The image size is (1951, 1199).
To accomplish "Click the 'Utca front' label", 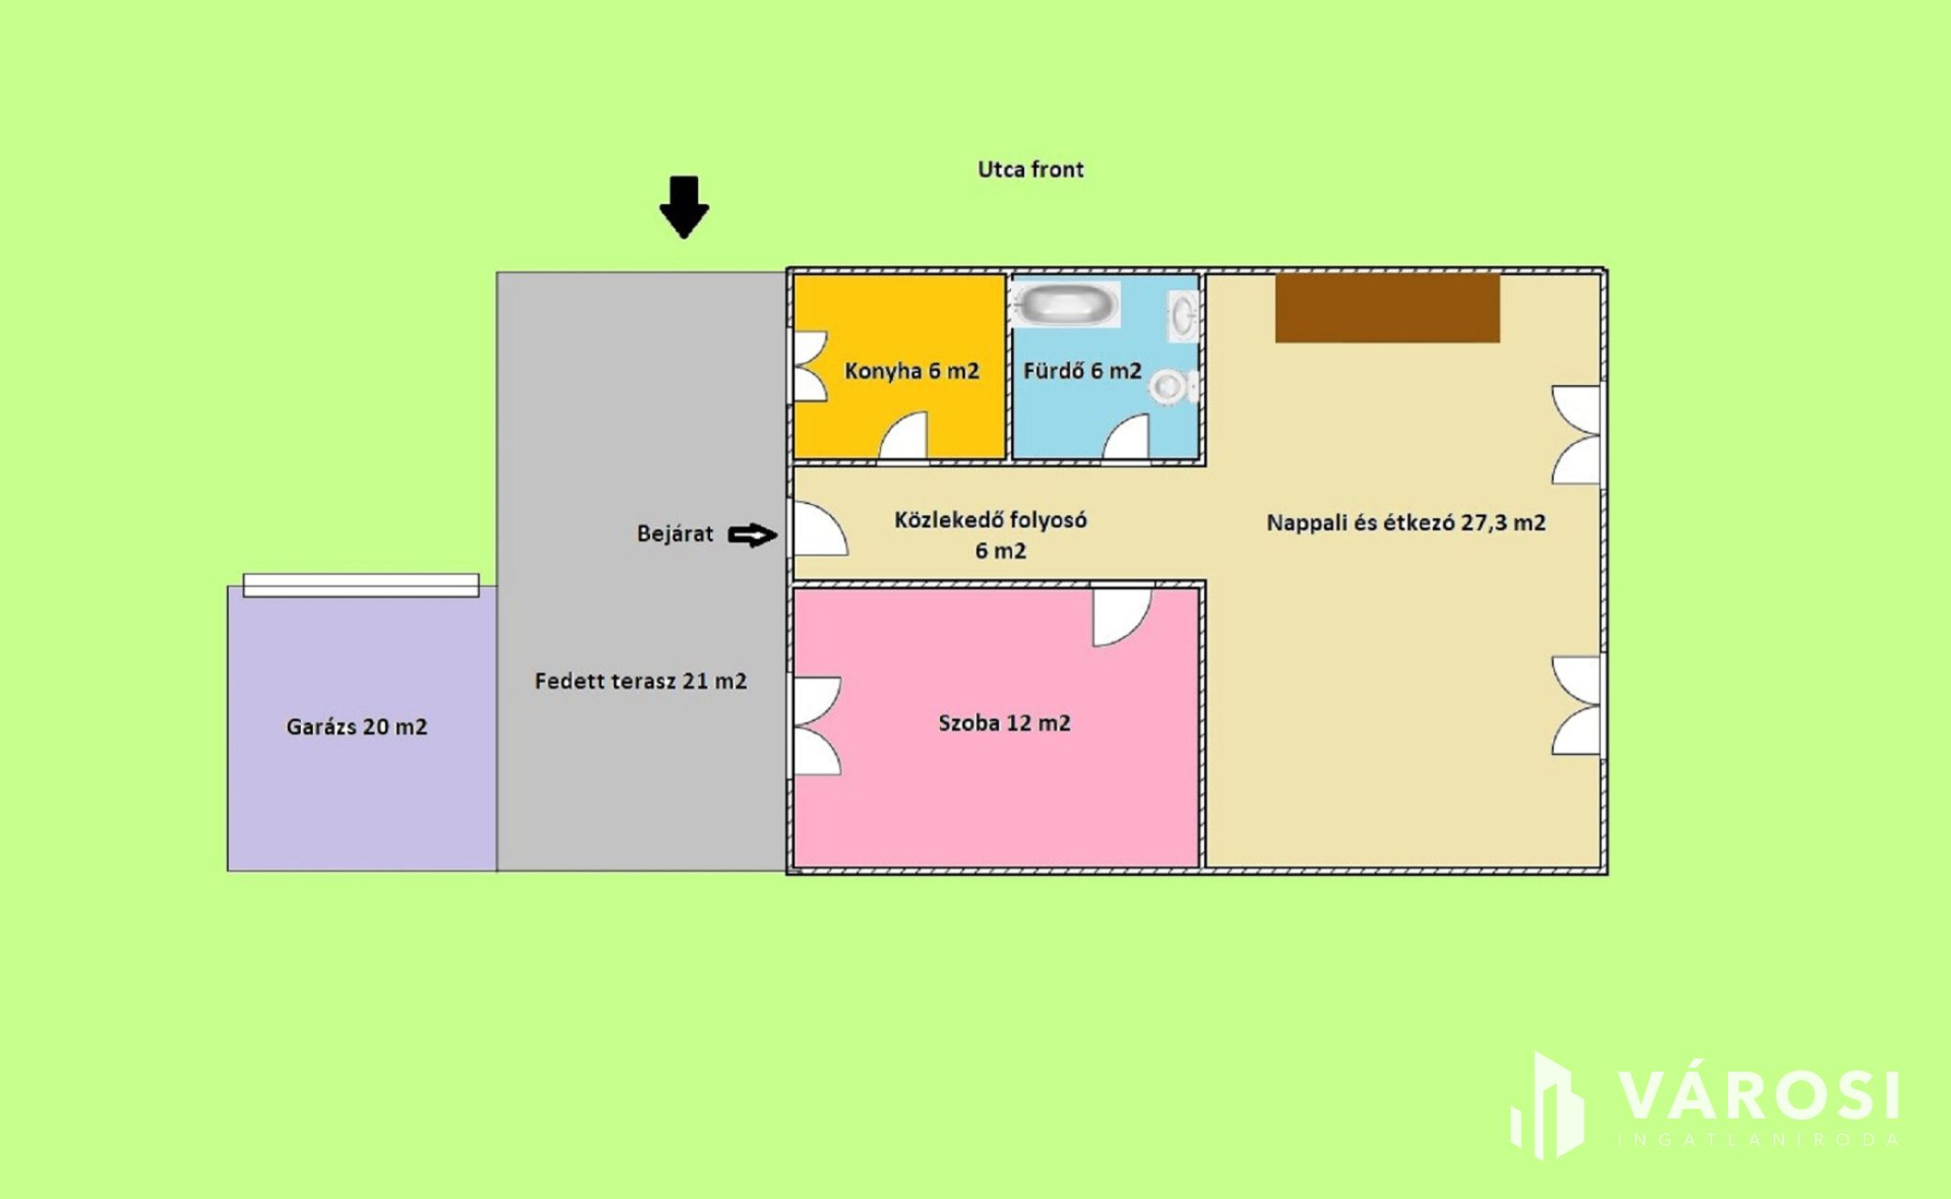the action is click(1030, 170).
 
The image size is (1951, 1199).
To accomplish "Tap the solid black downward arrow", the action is click(684, 207).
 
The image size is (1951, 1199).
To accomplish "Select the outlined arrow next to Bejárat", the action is click(752, 536).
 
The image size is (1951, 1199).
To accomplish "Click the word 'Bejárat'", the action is click(675, 534).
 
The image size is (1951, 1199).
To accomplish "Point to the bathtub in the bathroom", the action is click(1067, 304).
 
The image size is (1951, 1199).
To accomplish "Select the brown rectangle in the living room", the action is click(1387, 308).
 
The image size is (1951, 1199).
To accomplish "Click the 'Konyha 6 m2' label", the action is click(911, 371).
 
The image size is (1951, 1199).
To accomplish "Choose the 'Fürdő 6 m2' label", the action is click(1082, 371).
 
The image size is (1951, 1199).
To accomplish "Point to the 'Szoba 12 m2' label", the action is click(1004, 723).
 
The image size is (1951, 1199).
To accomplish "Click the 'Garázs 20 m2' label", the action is click(356, 727).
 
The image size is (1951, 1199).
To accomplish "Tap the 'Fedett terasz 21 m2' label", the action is click(640, 681).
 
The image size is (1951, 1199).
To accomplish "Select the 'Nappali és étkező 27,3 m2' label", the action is click(1406, 523).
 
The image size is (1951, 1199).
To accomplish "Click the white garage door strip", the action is click(361, 585).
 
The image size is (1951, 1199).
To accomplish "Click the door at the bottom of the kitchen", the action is click(903, 437).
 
